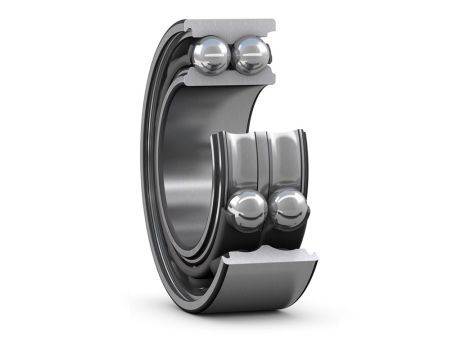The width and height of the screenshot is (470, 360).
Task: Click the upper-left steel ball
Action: tap(212, 55)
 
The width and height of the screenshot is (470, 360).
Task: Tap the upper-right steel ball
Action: tap(250, 55)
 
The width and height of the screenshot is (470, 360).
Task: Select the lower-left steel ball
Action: tap(247, 210)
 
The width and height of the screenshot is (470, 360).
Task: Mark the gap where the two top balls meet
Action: tap(232, 57)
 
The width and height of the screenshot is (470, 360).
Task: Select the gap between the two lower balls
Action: tap(269, 210)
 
